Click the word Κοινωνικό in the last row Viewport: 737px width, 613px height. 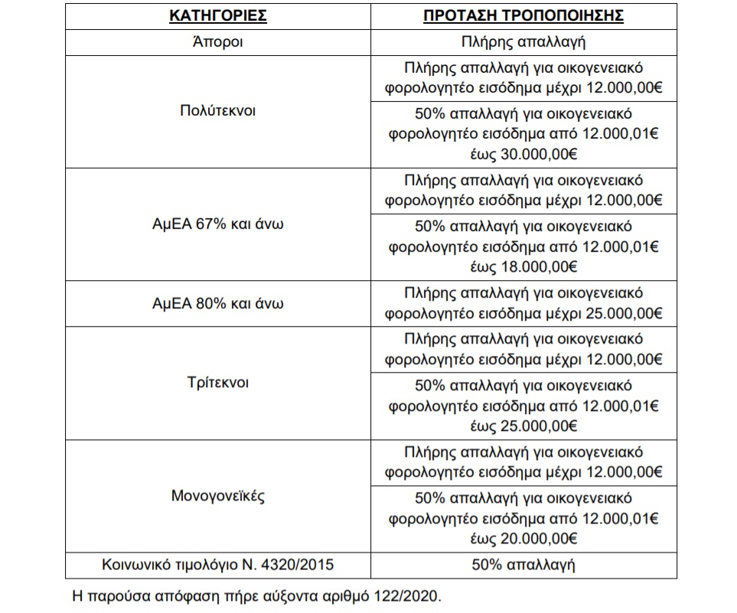(133, 566)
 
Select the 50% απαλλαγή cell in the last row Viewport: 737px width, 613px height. (525, 566)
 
